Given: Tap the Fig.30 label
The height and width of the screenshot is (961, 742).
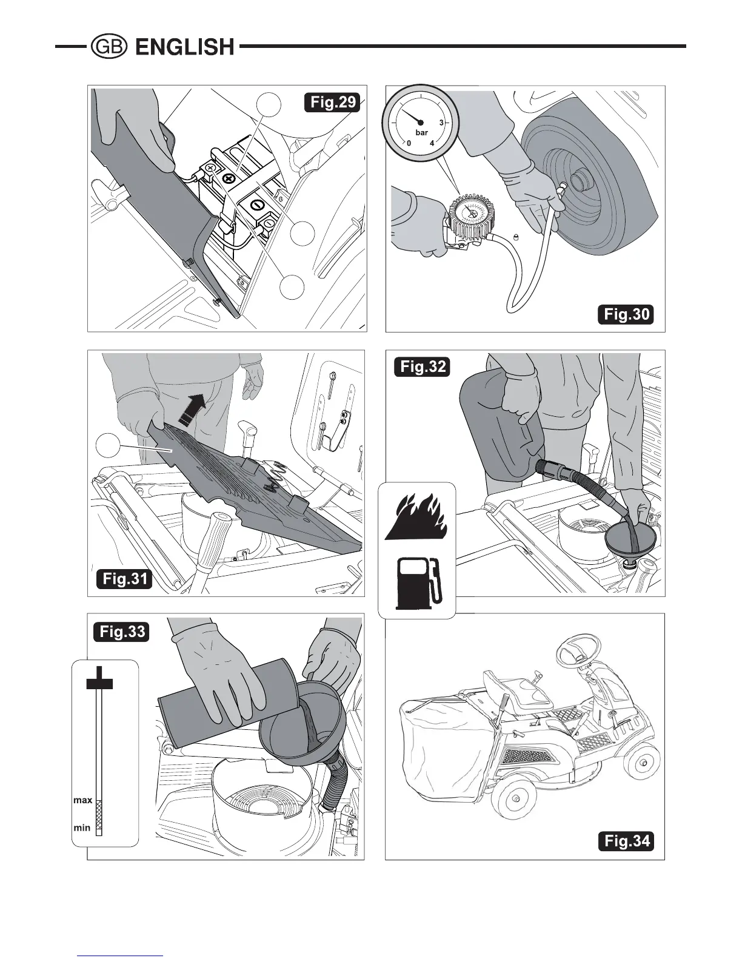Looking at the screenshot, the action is tap(627, 314).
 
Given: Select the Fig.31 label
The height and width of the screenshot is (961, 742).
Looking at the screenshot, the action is tap(124, 578).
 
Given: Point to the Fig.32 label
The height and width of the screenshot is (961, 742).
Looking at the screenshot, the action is tap(422, 367).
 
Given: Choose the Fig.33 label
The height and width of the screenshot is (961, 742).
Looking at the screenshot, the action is tap(122, 632).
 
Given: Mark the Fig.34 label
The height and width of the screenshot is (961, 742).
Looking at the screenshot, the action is tap(627, 841).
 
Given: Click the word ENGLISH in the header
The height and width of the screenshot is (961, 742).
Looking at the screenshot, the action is tap(184, 47).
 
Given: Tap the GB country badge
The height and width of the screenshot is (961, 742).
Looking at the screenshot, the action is tap(108, 47).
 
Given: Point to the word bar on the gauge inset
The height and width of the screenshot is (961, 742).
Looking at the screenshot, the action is tap(421, 132).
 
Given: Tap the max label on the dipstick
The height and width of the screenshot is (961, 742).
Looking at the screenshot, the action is tap(82, 800).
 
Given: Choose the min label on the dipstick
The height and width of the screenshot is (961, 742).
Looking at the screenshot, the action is tap(82, 828).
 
